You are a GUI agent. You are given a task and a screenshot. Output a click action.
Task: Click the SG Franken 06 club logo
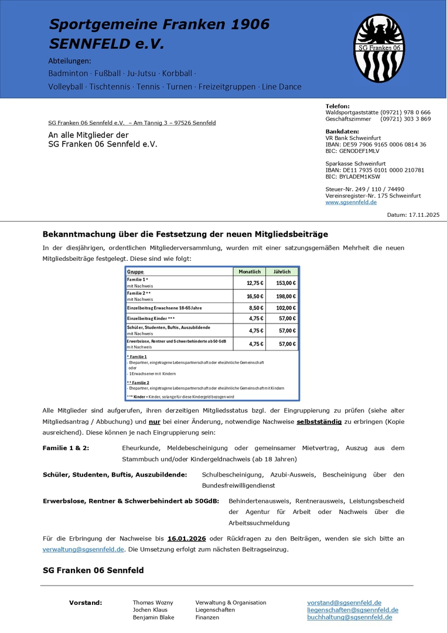coord(379,48)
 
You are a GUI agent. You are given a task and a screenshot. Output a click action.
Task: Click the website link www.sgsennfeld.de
coord(351,202)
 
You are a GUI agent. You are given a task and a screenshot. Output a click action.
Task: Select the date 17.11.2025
coord(422,215)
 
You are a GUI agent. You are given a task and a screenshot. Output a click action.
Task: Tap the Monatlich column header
coord(250,272)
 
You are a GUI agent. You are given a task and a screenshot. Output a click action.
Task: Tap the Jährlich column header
coord(282,272)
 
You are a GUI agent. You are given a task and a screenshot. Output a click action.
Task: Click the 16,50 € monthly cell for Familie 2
coord(255,297)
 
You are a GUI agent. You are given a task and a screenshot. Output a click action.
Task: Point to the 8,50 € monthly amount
coord(255,308)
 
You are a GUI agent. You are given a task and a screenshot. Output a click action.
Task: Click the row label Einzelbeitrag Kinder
coord(151,319)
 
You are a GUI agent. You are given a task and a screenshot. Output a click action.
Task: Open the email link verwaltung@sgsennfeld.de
coord(83,549)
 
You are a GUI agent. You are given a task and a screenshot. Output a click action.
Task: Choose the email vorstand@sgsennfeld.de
coord(344,603)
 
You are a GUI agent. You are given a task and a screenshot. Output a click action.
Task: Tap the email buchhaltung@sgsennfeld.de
coord(349,617)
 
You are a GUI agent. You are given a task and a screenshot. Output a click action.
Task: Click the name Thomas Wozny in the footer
coord(153,603)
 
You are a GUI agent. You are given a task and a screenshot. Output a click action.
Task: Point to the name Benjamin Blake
coord(153,617)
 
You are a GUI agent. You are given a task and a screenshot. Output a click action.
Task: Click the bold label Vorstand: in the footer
coord(86,603)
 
